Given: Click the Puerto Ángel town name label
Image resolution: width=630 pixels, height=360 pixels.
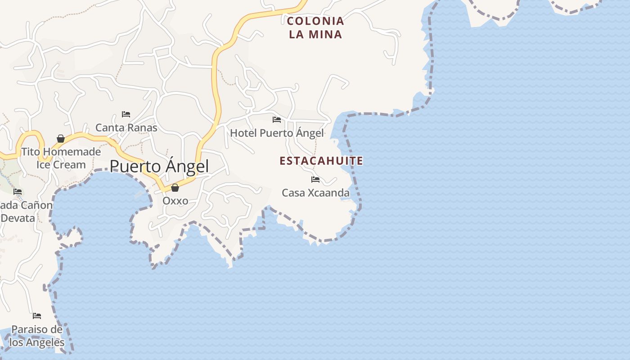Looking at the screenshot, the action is pyautogui.click(x=159, y=166).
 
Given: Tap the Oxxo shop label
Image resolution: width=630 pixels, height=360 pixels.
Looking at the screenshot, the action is pyautogui.click(x=175, y=201).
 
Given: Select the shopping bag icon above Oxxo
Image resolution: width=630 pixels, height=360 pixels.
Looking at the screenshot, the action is pyautogui.click(x=175, y=188).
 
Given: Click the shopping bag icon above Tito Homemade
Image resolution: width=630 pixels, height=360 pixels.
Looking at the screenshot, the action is pyautogui.click(x=61, y=139).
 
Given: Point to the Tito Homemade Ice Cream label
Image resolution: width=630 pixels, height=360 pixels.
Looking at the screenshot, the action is pyautogui.click(x=61, y=158).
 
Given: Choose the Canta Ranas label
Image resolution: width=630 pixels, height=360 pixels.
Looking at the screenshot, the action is pyautogui.click(x=126, y=128).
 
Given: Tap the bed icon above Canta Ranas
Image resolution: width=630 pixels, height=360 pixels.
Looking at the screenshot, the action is pyautogui.click(x=126, y=114).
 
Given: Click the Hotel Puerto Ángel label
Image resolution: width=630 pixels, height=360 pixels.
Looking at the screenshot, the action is pyautogui.click(x=277, y=133).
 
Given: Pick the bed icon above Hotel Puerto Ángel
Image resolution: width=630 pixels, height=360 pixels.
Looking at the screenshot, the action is pyautogui.click(x=277, y=120).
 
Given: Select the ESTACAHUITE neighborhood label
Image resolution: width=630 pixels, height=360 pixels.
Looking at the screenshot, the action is pyautogui.click(x=321, y=161).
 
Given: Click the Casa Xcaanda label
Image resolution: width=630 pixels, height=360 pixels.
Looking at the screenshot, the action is pyautogui.click(x=315, y=193).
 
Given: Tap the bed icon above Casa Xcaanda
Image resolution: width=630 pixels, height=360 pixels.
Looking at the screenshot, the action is pyautogui.click(x=315, y=180).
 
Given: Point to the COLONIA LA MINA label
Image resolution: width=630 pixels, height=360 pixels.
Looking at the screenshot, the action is pyautogui.click(x=315, y=27).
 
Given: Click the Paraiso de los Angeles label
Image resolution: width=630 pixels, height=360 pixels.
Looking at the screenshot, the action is pyautogui.click(x=37, y=336).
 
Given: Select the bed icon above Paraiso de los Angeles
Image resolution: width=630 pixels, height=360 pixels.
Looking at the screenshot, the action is pyautogui.click(x=37, y=316).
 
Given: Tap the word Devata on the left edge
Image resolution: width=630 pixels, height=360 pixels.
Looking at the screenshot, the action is pyautogui.click(x=18, y=218).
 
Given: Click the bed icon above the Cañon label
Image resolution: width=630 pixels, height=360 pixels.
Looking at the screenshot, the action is pyautogui.click(x=18, y=192).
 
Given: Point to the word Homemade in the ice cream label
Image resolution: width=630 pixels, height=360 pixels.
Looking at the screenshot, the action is pyautogui.click(x=72, y=152).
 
